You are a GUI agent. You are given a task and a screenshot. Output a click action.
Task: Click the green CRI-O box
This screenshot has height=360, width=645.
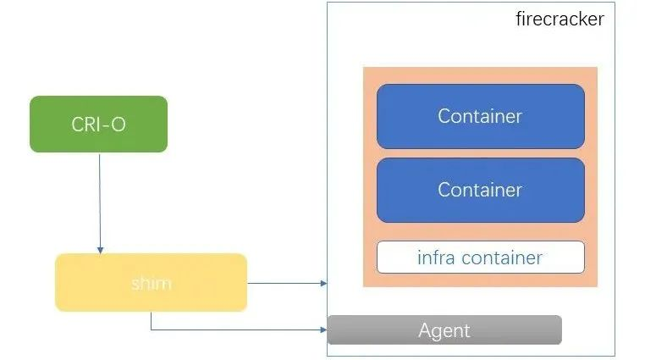tap(99, 124)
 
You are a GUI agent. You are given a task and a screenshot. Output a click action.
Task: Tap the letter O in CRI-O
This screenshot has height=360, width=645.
tap(119, 125)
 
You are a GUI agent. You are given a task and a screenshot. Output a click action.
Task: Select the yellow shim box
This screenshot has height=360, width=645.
tap(151, 282)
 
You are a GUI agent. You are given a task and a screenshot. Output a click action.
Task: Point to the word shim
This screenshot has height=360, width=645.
tap(151, 283)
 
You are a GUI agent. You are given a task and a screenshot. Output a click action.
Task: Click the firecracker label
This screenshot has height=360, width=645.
tap(560, 19)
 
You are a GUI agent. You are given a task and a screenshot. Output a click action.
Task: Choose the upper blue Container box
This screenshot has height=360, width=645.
tap(481, 116)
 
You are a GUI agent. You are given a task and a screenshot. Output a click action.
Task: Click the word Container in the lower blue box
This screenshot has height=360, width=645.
tap(480, 190)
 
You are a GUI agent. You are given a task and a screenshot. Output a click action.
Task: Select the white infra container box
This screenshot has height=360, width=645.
tap(481, 258)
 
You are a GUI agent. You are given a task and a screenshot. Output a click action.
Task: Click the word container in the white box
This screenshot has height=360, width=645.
tap(502, 258)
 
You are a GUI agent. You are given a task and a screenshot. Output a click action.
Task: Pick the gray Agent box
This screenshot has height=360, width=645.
tap(444, 330)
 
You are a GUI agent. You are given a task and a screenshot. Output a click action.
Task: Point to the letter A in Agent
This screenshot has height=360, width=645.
tap(425, 330)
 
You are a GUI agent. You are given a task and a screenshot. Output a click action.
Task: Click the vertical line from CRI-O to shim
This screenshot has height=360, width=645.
tap(100, 202)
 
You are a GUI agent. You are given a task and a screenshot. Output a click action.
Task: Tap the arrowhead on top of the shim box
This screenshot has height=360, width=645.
tap(100, 250)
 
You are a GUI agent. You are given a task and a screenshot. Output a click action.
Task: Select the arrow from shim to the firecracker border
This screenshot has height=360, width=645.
tap(287, 283)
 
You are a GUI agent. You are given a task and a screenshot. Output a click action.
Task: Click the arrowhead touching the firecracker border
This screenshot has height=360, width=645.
tap(324, 283)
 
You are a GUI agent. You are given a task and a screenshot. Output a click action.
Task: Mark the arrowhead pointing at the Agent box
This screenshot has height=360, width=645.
tap(324, 330)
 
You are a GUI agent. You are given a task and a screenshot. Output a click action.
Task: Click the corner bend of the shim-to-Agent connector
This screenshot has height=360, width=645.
tap(151, 330)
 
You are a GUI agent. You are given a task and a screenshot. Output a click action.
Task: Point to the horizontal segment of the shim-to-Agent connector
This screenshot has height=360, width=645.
tap(239, 330)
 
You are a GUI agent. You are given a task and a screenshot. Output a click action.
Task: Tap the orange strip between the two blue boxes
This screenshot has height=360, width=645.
tap(481, 153)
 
